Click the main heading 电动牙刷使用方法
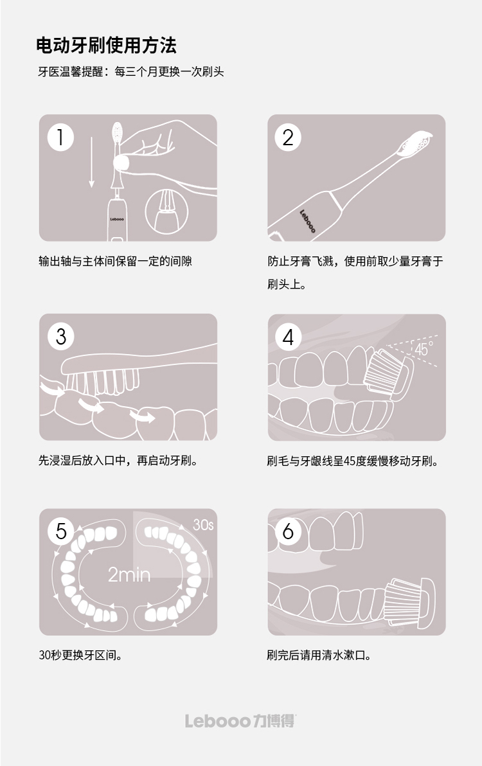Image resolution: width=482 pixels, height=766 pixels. pos(106,46)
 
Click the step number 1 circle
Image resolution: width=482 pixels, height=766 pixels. pos(60,138)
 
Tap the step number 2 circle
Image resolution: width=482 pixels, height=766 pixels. pos(288,138)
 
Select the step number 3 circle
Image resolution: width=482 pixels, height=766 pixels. pos(60,337)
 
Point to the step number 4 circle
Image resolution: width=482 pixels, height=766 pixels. pos(288,337)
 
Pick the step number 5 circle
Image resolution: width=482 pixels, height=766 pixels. pos(60,531)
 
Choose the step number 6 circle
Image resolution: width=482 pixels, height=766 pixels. pos(288,531)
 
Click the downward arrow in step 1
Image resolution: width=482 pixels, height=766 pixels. pos(91,162)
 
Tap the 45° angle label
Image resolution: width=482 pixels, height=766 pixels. pos(424,349)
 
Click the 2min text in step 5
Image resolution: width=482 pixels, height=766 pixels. pos(129,574)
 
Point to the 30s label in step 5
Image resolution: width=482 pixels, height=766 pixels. pos(203,524)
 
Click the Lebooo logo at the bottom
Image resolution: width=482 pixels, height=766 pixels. pos(240,721)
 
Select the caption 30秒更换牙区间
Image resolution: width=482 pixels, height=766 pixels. pos(80,655)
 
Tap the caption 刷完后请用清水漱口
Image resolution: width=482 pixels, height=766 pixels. pos(319,655)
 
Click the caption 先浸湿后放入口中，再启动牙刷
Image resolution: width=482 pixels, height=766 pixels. pos(118,461)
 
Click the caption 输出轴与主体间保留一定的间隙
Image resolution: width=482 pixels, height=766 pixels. pos(115,262)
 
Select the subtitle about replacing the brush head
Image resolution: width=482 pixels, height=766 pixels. pos(131,72)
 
